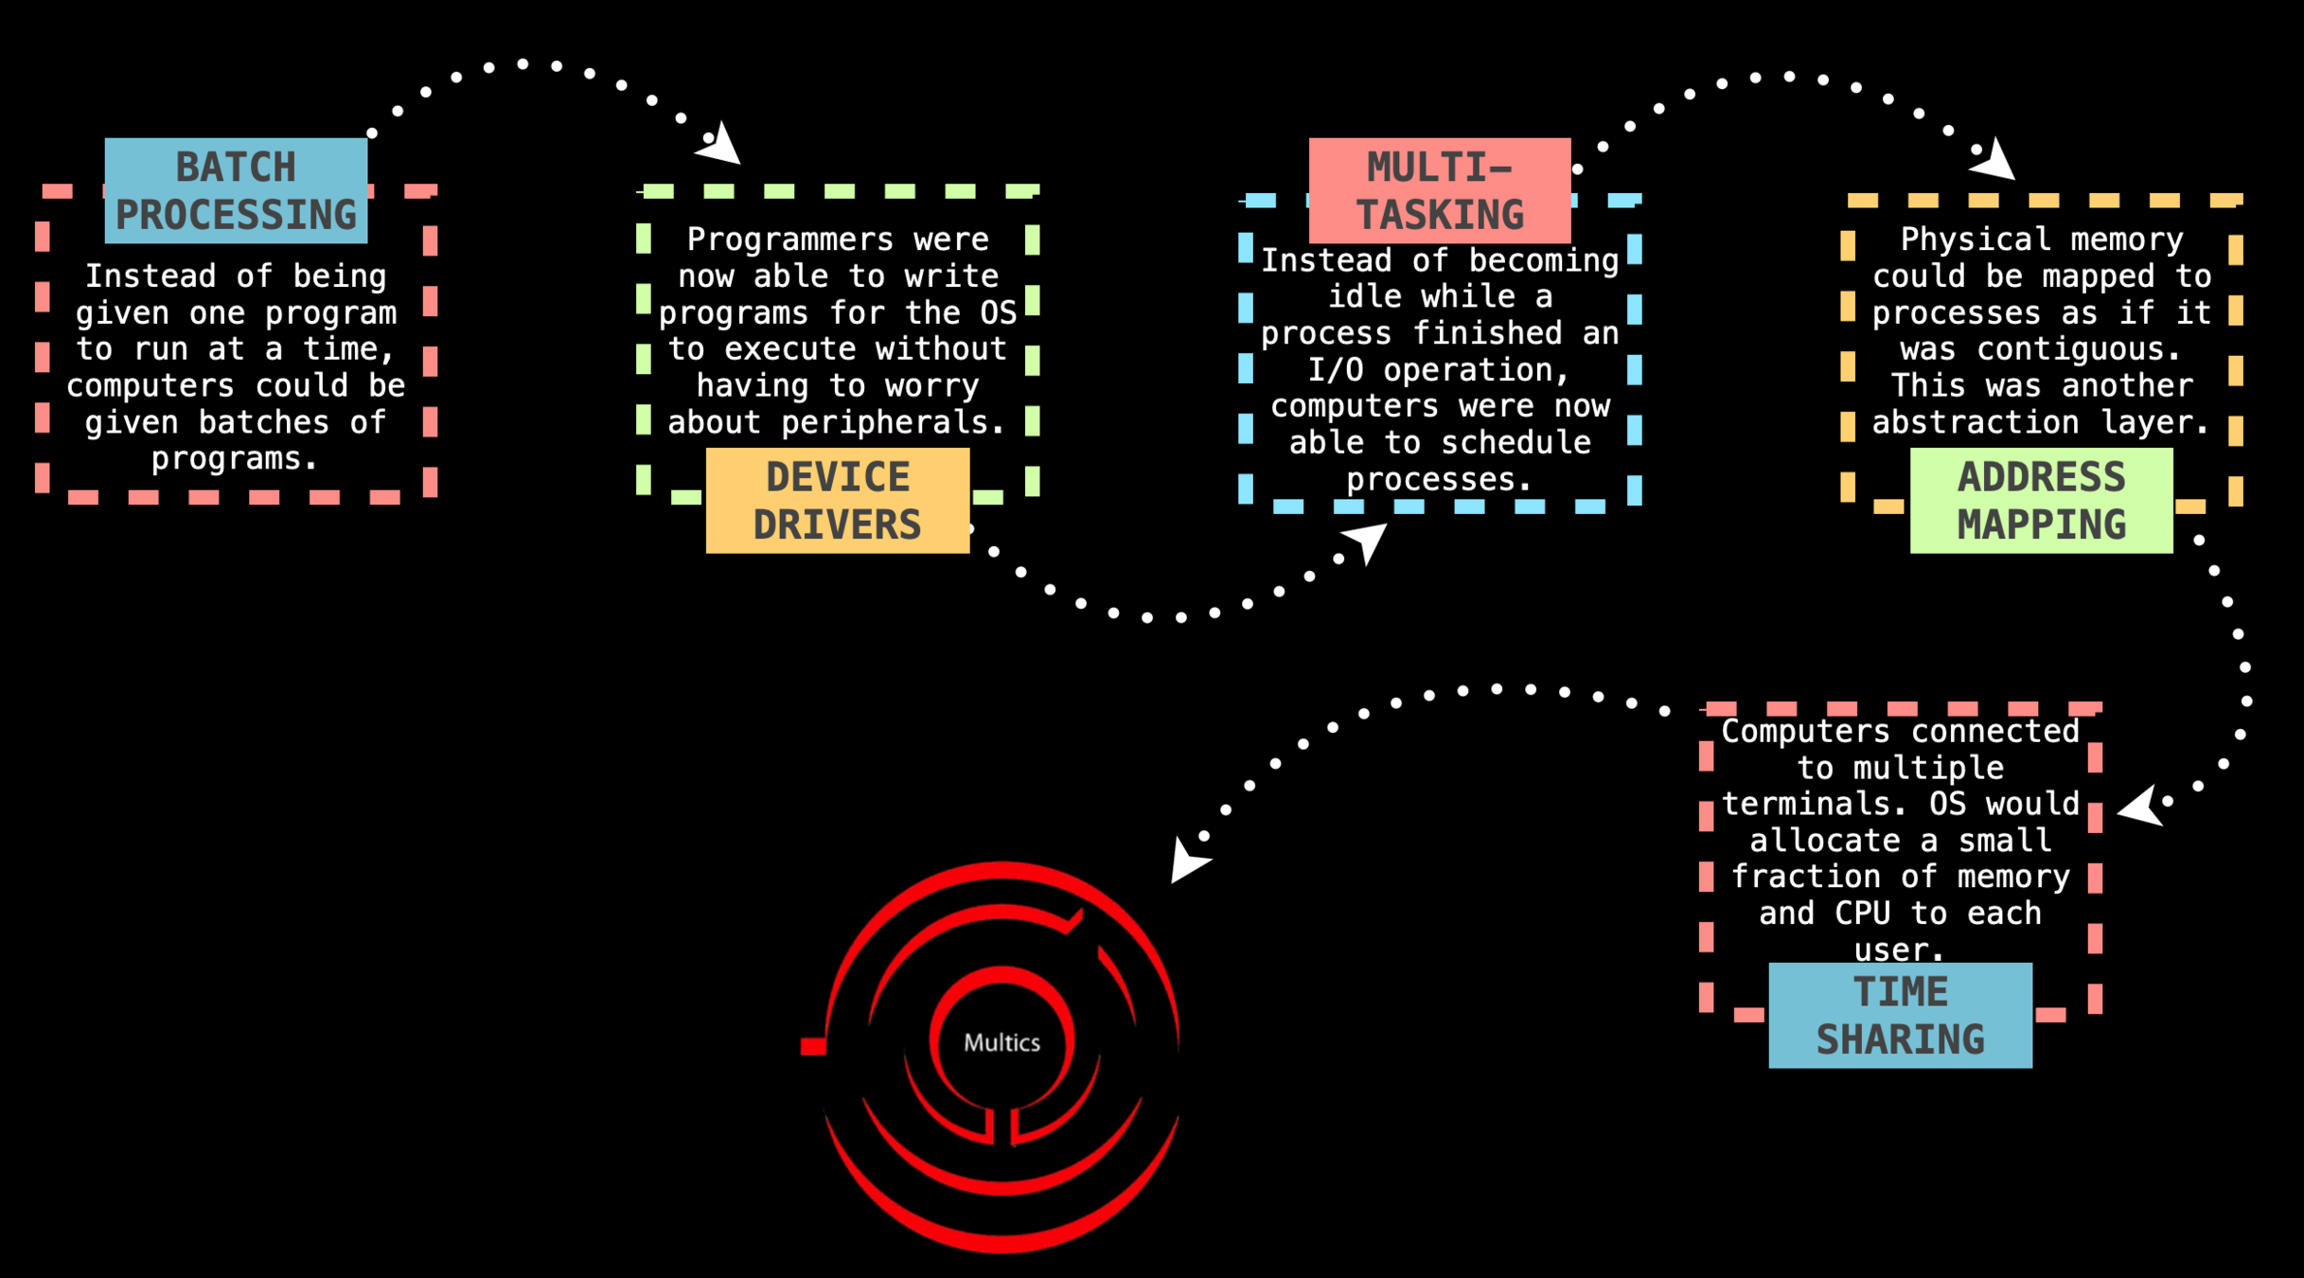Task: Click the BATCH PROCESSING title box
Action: coord(236,190)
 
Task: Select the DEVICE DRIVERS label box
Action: coord(838,500)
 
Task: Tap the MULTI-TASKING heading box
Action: coord(1440,190)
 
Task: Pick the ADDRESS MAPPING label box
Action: coord(2042,500)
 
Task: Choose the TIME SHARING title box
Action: coord(1900,1015)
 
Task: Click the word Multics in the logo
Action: coord(1001,1042)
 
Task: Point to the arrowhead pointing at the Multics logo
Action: coord(1187,861)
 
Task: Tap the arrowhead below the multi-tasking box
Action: coord(1367,541)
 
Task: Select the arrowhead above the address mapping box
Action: coord(1995,159)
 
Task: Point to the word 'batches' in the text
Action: coord(263,422)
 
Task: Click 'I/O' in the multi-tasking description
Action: coord(1335,369)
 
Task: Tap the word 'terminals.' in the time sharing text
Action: coord(1815,804)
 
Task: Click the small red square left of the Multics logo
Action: coord(813,1046)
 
